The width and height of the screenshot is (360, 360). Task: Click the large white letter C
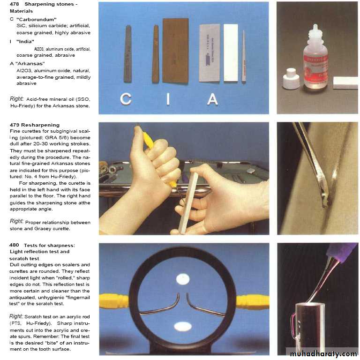point(126,99)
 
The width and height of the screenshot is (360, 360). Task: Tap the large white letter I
point(168,99)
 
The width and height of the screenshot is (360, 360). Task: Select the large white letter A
point(212,99)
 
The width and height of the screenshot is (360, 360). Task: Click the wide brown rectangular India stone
point(176,51)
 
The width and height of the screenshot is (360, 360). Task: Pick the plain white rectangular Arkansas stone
point(231,53)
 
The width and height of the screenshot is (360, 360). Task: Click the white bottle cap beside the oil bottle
point(291,78)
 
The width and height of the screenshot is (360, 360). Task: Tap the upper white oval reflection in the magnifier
point(183,279)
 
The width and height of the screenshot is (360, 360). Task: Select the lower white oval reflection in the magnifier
point(183,327)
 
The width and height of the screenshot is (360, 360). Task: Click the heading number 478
point(14,4)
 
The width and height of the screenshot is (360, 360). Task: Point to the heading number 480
point(14,245)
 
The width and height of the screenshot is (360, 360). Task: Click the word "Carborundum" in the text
point(37,20)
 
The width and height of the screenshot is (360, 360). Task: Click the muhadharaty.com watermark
point(323,354)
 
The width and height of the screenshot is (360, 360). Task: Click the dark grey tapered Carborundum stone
point(128,54)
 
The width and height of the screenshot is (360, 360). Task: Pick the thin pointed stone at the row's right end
point(244,56)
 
